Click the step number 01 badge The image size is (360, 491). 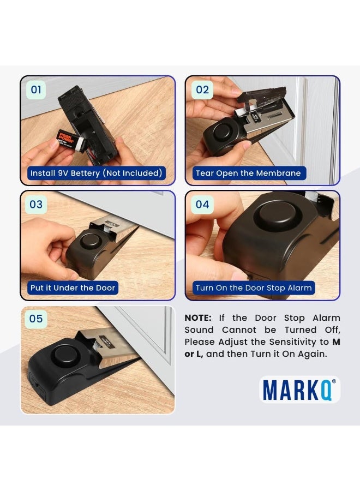(x=36, y=90)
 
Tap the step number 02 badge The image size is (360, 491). (x=202, y=90)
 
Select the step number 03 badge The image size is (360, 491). (x=36, y=205)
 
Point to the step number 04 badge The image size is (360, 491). (x=202, y=205)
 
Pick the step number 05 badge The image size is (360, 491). (x=36, y=319)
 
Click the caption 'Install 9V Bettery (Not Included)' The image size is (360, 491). (x=96, y=173)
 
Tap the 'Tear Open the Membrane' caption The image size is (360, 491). (x=248, y=173)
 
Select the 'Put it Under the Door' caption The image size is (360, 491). (x=73, y=288)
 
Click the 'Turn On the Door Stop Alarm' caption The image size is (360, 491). (x=254, y=288)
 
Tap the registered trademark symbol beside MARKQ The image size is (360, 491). (x=334, y=382)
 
